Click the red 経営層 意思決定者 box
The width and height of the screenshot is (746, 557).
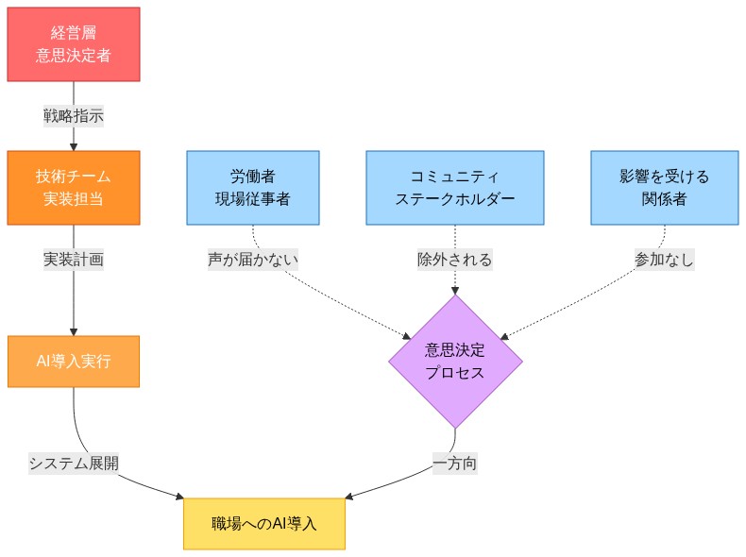(x=74, y=44)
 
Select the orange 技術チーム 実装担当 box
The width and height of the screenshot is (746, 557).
(x=74, y=188)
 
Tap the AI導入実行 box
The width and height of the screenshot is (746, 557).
(x=74, y=362)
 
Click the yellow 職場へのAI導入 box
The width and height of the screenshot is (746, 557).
(x=263, y=523)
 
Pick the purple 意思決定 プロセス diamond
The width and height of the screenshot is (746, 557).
(x=455, y=362)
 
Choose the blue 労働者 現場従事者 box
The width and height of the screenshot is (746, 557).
(x=253, y=188)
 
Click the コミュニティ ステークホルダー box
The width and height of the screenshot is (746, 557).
(x=455, y=188)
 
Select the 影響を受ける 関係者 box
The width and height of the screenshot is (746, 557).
(x=664, y=188)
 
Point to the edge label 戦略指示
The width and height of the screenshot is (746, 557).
(x=74, y=116)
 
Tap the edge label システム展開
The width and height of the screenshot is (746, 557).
(x=74, y=463)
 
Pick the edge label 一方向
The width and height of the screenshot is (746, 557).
(x=455, y=463)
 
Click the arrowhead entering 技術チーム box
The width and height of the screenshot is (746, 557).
(x=74, y=146)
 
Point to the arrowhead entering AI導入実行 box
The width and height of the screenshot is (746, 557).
(x=74, y=331)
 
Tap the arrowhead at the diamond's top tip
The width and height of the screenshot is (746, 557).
(x=455, y=290)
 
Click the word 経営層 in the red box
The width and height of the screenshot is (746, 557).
(x=74, y=34)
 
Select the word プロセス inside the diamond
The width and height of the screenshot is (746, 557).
(x=455, y=373)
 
